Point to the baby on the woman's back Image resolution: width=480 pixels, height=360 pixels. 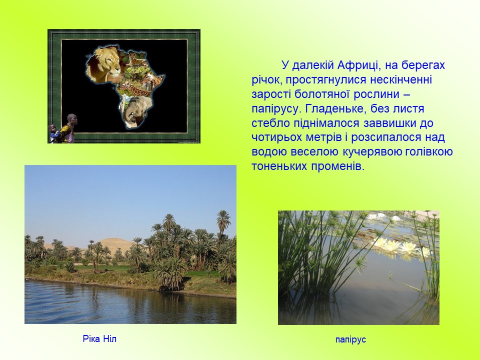pos(53,132)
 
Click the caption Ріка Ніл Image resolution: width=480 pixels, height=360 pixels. pos(99,339)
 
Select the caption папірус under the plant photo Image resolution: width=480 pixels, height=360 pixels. pos(350,340)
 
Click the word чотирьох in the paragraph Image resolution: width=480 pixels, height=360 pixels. pos(276,137)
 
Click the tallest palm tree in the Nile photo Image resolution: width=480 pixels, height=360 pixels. pos(223,223)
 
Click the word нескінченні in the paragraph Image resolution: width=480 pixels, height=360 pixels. pos(401,79)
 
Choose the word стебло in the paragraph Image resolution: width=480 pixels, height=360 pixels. pos(270,123)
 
